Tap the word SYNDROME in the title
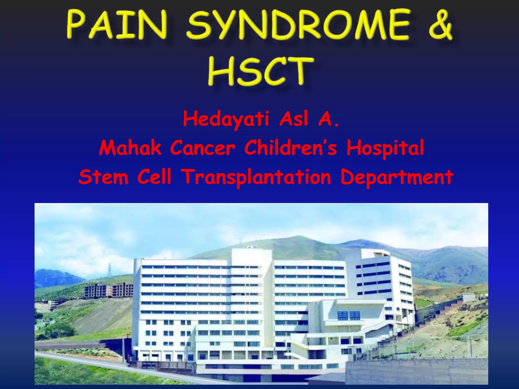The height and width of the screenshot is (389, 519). (x=298, y=25)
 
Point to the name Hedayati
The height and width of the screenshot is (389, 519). (x=226, y=119)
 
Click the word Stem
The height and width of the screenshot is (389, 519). (x=103, y=177)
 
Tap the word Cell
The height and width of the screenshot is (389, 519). (x=154, y=177)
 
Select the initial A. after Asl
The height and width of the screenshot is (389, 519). (x=328, y=119)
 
